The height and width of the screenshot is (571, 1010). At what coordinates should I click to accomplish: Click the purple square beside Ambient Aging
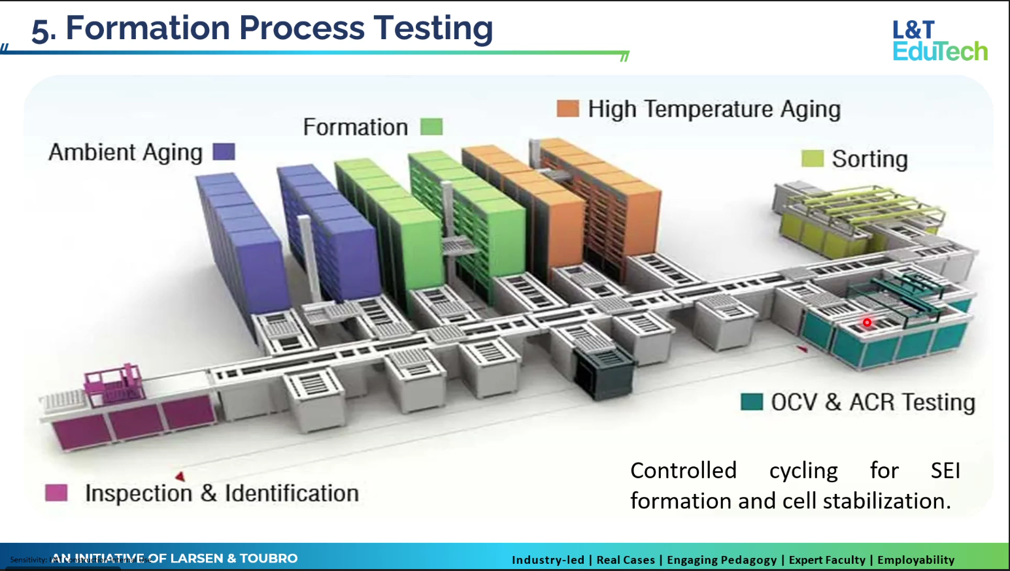click(x=224, y=152)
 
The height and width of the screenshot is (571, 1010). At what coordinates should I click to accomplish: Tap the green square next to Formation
click(x=431, y=127)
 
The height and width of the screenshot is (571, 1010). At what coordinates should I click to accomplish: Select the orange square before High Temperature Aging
click(x=567, y=108)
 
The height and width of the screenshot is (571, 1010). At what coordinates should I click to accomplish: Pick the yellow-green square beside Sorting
click(x=812, y=158)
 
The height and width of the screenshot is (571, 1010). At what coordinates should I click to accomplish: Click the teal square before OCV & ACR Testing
click(x=752, y=402)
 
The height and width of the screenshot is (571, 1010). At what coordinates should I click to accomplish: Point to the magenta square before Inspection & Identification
click(x=56, y=493)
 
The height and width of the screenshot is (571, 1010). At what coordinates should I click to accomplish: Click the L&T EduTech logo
click(x=939, y=41)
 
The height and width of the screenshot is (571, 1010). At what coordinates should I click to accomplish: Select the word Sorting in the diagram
click(x=869, y=159)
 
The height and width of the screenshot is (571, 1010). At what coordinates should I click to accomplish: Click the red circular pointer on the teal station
click(x=867, y=322)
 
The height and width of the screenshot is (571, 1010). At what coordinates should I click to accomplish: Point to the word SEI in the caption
click(x=945, y=470)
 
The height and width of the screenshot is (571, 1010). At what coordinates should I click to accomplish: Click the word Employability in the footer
click(x=915, y=560)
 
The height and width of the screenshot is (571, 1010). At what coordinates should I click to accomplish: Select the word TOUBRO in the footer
click(x=269, y=559)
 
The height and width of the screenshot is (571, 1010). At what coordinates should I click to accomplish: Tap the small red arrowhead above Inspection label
click(x=180, y=476)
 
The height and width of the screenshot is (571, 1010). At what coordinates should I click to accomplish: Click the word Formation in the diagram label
click(x=355, y=127)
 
